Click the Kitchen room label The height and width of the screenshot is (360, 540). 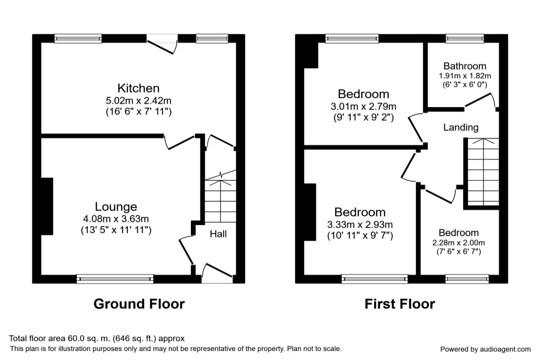(x=139, y=88)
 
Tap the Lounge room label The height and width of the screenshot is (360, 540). (x=116, y=207)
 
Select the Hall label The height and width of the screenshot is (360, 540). (x=218, y=234)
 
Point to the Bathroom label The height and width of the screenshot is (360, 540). (x=465, y=66)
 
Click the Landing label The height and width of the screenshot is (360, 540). (x=461, y=127)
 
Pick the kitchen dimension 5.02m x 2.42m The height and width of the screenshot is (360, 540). (x=139, y=100)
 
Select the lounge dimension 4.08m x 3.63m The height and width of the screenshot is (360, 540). (x=116, y=219)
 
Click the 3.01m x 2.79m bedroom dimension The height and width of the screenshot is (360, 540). (x=364, y=107)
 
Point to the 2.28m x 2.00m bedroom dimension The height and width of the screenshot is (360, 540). (x=459, y=243)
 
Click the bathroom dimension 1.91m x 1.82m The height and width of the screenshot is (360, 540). (x=465, y=76)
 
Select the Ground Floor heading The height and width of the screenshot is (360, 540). (x=139, y=304)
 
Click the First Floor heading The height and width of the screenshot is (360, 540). (x=400, y=304)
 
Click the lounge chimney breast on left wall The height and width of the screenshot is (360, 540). (x=47, y=206)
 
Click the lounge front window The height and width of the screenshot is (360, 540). (x=115, y=279)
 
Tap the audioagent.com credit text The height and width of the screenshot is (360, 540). (x=485, y=349)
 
